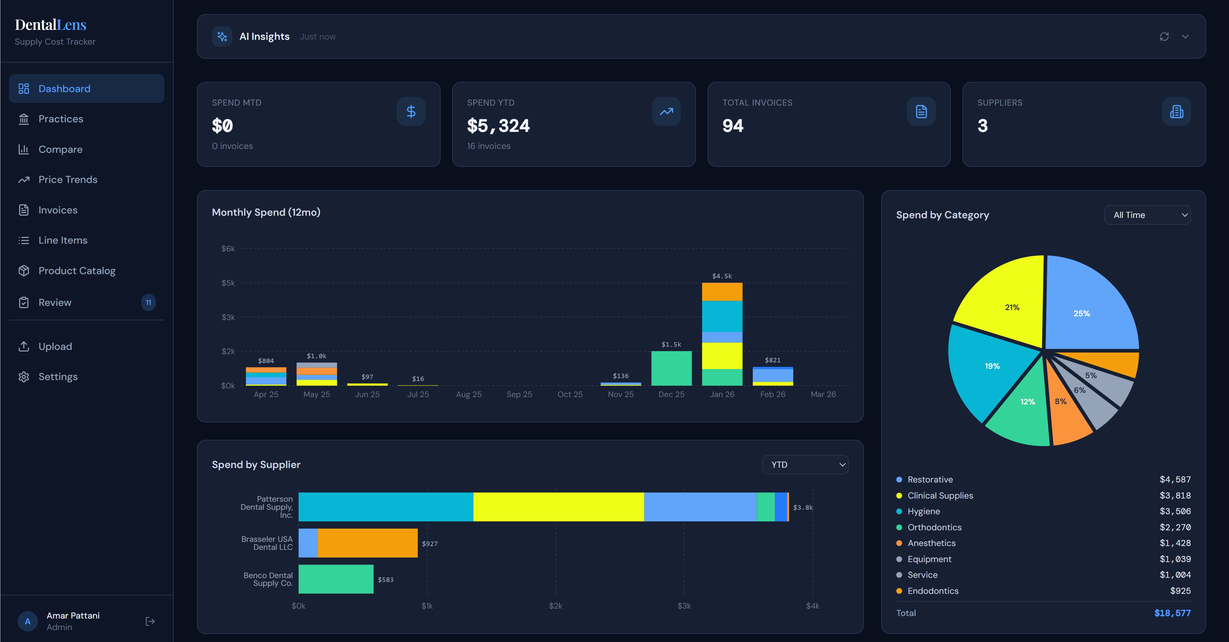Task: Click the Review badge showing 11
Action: [148, 302]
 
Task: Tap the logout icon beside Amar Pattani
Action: [150, 621]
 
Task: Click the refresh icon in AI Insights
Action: [1164, 37]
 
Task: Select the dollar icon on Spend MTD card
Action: [411, 112]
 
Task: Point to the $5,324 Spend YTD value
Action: [498, 126]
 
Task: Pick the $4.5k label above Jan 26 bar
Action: [722, 276]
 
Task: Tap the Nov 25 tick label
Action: [621, 395]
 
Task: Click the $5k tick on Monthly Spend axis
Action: [228, 283]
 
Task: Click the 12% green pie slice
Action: [1023, 410]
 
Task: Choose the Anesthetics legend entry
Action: [931, 543]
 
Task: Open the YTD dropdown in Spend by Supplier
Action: [805, 464]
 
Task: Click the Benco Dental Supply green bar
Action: [336, 579]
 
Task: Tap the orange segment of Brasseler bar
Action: [367, 543]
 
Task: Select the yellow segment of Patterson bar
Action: [558, 507]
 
